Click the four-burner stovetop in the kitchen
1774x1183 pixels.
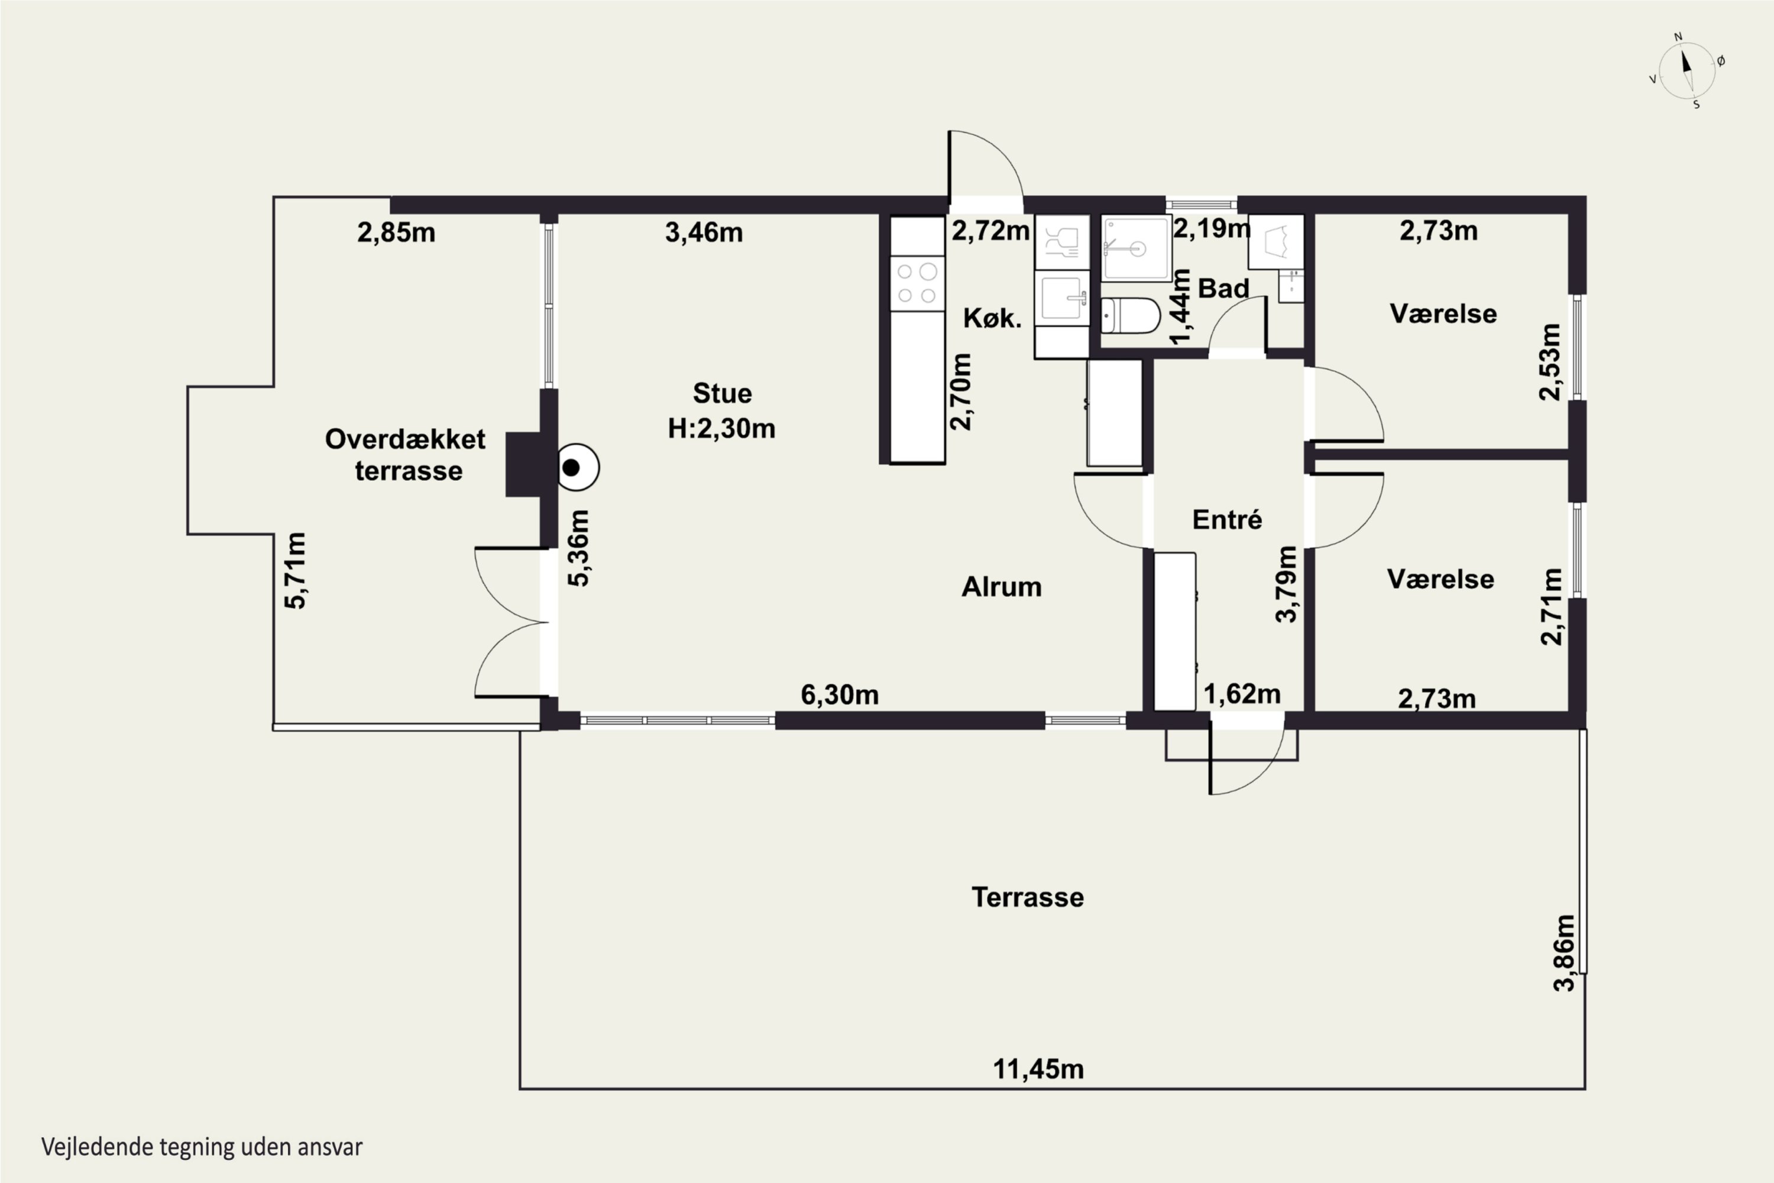917,283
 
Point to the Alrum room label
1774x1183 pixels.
1002,586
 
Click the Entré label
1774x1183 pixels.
1226,519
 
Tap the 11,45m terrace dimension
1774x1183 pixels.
1038,1069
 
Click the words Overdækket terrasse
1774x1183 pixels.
406,455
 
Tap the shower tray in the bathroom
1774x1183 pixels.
1136,248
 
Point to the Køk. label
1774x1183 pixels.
993,318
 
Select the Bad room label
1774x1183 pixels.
1223,288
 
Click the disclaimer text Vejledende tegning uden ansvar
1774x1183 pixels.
202,1148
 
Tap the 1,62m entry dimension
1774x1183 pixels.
1241,694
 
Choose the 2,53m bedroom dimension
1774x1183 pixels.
1549,362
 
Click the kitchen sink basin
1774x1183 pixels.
1061,298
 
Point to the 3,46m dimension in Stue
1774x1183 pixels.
704,233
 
